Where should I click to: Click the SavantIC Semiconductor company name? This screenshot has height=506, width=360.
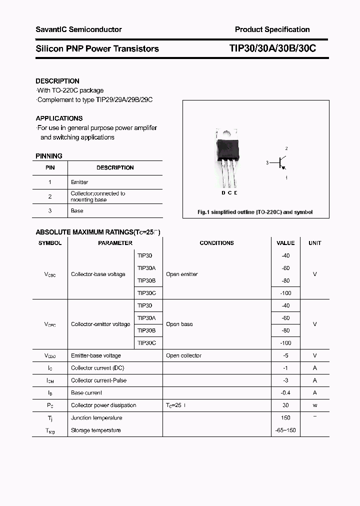(78, 29)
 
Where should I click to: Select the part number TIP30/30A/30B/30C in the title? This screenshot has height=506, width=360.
(272, 48)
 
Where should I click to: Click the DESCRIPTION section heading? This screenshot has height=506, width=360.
(57, 81)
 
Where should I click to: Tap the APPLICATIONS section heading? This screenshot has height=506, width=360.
(59, 118)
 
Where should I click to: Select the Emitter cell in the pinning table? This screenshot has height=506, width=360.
(79, 182)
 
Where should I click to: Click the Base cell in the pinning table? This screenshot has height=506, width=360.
(77, 211)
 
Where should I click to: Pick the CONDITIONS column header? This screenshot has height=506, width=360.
(216, 243)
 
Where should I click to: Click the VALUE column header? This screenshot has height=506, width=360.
(285, 243)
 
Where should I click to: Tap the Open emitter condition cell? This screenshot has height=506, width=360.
(182, 274)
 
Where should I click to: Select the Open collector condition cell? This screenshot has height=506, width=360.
(183, 355)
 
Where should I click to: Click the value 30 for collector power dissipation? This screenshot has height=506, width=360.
(285, 405)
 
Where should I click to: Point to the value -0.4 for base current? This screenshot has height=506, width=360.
(285, 393)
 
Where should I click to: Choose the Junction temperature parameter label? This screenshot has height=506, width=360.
(96, 418)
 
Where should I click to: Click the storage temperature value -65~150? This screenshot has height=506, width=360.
(285, 430)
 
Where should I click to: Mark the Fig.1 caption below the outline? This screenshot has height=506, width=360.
(255, 212)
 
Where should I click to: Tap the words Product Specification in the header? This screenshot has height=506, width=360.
(272, 29)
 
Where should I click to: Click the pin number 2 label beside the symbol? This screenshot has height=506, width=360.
(286, 148)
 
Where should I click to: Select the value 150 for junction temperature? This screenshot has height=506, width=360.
(285, 418)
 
